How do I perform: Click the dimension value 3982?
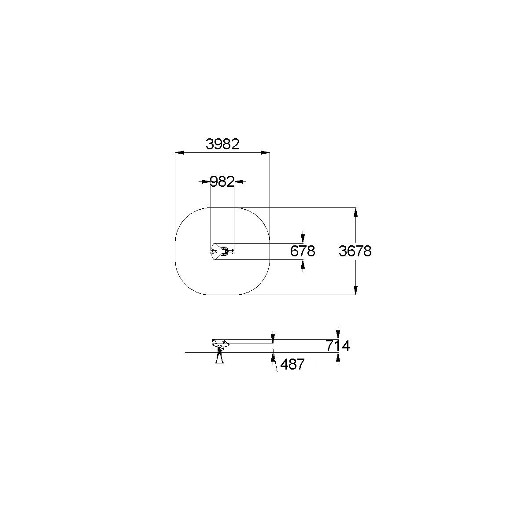(222, 144)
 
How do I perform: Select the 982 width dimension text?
(222, 181)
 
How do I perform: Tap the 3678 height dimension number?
(355, 251)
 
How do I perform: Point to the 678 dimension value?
(303, 251)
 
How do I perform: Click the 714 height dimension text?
(338, 346)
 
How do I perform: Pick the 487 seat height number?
(292, 364)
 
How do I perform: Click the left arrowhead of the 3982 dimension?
(180, 153)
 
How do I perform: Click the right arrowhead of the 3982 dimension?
(265, 153)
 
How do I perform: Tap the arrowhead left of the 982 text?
(206, 181)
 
